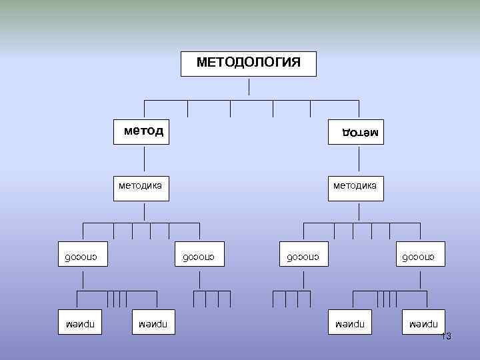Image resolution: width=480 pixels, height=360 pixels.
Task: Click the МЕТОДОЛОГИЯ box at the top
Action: pyautogui.click(x=249, y=63)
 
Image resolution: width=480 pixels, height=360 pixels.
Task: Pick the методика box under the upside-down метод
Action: pyautogui.click(x=355, y=185)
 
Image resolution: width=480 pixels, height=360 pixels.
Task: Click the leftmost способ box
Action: pyautogui.click(x=82, y=256)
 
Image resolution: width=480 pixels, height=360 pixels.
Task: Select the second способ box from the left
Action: pyautogui.click(x=199, y=256)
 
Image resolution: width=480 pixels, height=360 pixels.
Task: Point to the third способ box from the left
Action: pyautogui.click(x=303, y=256)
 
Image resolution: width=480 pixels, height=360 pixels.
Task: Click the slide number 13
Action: pyautogui.click(x=446, y=337)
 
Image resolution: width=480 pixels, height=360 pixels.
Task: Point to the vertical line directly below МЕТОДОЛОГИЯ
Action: pyautogui.click(x=249, y=87)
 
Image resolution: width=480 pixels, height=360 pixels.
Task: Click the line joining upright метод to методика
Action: pyautogui.click(x=145, y=160)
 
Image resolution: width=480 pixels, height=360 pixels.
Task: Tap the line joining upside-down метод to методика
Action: pyautogui.click(x=359, y=160)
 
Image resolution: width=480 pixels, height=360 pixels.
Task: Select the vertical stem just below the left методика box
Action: pyautogui.click(x=145, y=212)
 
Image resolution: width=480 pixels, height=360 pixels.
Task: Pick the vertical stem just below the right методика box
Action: pyautogui.click(x=359, y=212)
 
